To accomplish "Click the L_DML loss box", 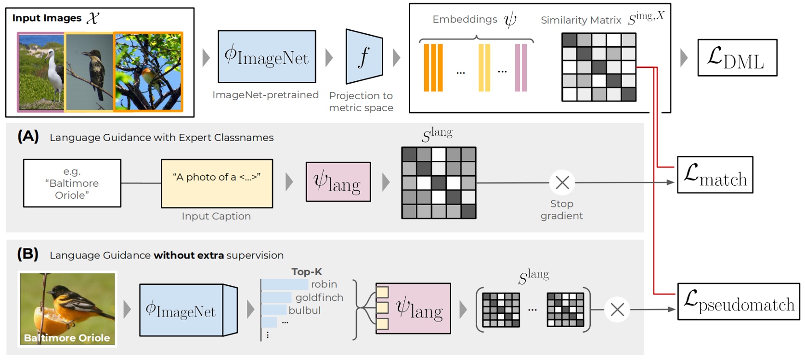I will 737,58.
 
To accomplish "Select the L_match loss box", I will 715,175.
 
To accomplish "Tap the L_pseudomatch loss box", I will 738,301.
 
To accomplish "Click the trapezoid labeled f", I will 364,57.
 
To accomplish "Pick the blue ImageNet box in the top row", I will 267,57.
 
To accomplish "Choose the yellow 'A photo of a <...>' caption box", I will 217,183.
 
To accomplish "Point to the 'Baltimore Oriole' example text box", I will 72,183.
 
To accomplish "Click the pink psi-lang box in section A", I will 338,182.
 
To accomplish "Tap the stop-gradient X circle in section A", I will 562,182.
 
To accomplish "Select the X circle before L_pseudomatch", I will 617,309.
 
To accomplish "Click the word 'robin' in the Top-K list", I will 324,284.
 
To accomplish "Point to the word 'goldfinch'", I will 319,297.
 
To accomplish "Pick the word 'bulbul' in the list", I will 304,310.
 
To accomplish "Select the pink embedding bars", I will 520,67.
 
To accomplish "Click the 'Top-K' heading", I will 306,272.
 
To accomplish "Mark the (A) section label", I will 28,136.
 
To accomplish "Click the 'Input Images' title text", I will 47,18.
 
